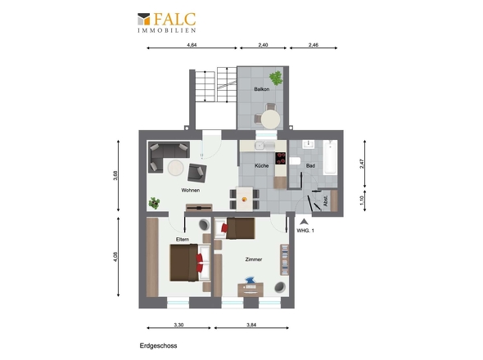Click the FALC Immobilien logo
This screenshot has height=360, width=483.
click(x=167, y=22)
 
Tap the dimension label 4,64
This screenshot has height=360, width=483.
click(x=192, y=45)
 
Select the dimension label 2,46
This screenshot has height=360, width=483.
click(x=314, y=45)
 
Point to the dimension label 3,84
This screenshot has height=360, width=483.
click(x=251, y=325)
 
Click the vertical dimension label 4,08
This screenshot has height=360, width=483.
click(x=115, y=257)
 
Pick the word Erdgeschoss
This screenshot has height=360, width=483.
click(x=158, y=345)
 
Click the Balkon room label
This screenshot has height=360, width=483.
click(x=262, y=89)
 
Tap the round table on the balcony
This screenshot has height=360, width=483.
click(x=271, y=119)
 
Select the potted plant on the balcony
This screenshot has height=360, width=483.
click(x=276, y=79)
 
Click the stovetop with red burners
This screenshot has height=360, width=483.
click(x=280, y=158)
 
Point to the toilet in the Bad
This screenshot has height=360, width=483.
click(x=295, y=160)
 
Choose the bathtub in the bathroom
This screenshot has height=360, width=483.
click(x=330, y=157)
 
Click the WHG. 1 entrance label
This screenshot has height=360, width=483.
click(x=305, y=231)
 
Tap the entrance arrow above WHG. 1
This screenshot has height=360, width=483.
click(x=304, y=222)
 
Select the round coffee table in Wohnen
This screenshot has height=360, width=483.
click(x=175, y=169)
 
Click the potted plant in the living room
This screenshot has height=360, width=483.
click(x=154, y=203)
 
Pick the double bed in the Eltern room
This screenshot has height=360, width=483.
click(x=190, y=263)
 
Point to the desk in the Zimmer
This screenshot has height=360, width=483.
click(x=251, y=290)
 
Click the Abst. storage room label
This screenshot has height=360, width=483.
click(x=326, y=200)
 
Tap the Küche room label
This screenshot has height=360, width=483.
click(x=261, y=165)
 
